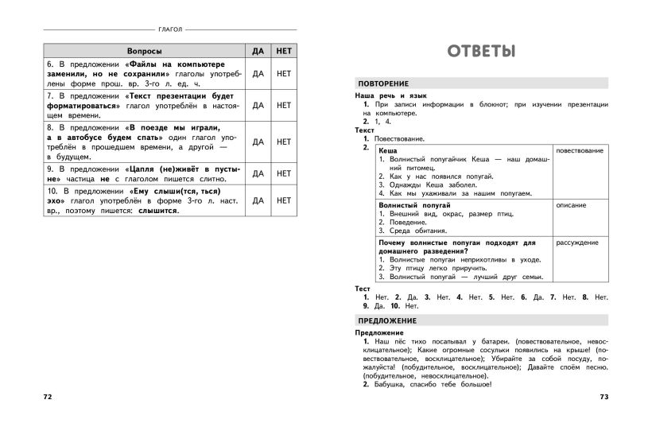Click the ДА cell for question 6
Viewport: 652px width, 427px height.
click(x=258, y=74)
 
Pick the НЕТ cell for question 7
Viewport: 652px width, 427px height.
click(x=284, y=105)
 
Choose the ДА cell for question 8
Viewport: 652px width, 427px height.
click(x=258, y=142)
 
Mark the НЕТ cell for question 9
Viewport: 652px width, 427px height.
click(x=284, y=173)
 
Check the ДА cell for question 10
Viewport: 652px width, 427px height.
click(x=258, y=200)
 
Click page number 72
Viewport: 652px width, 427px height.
click(x=47, y=395)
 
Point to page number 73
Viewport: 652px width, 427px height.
click(x=603, y=395)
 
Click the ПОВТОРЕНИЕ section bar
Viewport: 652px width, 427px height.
click(x=383, y=83)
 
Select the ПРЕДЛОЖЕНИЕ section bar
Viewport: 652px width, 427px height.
click(x=387, y=320)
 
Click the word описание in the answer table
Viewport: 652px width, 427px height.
click(x=571, y=205)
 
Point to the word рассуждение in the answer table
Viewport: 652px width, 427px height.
click(x=577, y=243)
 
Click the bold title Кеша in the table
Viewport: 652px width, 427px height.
click(x=388, y=150)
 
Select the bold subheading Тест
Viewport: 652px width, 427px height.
click(x=363, y=288)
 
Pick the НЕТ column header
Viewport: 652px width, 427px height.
click(x=284, y=50)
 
